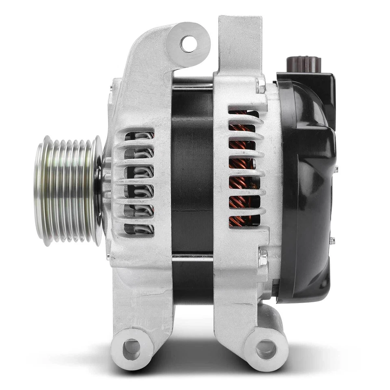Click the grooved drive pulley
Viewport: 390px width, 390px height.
[x=67, y=190]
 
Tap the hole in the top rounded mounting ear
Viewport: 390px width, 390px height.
[x=188, y=44]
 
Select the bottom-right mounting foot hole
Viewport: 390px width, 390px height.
[x=266, y=349]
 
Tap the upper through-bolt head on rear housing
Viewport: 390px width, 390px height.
[x=260, y=85]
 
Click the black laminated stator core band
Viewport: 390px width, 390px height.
[x=192, y=171]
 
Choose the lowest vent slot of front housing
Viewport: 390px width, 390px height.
[x=139, y=229]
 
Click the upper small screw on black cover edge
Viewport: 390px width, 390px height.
[x=336, y=169]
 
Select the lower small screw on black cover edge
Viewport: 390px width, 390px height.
[x=332, y=240]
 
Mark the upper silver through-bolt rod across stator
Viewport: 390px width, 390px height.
[x=192, y=86]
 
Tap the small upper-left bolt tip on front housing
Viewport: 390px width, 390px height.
[x=111, y=87]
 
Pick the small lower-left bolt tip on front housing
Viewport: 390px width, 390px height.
[x=108, y=256]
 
